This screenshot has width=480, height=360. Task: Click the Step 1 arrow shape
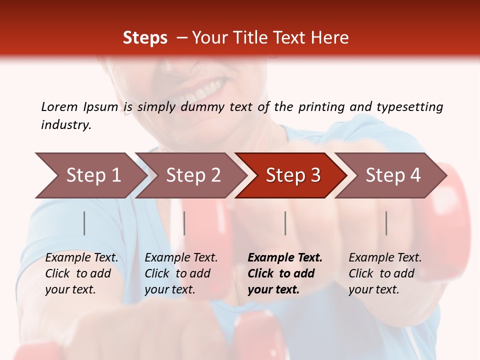click(93, 175)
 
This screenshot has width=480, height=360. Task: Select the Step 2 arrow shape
click(193, 175)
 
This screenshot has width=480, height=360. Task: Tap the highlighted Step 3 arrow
click(293, 175)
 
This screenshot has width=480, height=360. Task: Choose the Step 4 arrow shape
click(393, 175)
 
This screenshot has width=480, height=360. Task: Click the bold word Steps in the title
click(145, 38)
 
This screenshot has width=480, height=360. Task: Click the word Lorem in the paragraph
click(59, 106)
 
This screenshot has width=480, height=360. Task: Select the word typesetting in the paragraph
click(409, 107)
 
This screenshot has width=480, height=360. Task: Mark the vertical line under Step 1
click(84, 223)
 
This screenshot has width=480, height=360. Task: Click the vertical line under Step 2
click(184, 223)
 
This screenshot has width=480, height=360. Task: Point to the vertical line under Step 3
click(285, 223)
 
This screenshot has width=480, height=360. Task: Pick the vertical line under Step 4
click(386, 223)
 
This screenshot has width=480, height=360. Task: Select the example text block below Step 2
click(181, 273)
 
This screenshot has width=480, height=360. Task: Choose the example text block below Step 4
click(385, 273)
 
